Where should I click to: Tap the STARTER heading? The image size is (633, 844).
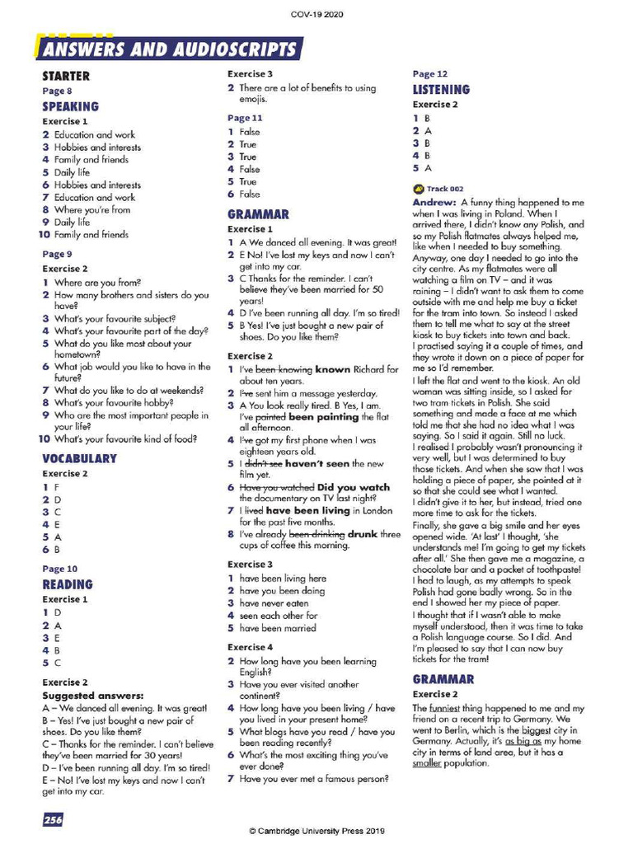tap(66, 77)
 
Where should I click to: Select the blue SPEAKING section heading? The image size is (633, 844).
tap(70, 106)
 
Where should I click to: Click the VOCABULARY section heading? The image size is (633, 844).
tap(79, 458)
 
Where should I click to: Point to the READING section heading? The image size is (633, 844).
tap(68, 584)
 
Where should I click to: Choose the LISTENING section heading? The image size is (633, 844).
tap(441, 89)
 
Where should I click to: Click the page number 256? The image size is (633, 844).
tap(52, 819)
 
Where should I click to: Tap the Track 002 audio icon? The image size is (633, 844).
tap(418, 189)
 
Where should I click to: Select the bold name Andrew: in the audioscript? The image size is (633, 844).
tap(434, 202)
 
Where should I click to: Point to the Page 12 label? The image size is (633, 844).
tap(430, 74)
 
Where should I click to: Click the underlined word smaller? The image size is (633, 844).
tap(429, 763)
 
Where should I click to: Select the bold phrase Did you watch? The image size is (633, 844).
tap(354, 487)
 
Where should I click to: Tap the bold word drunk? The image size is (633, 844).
tap(362, 533)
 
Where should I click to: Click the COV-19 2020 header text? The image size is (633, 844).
tap(317, 15)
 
